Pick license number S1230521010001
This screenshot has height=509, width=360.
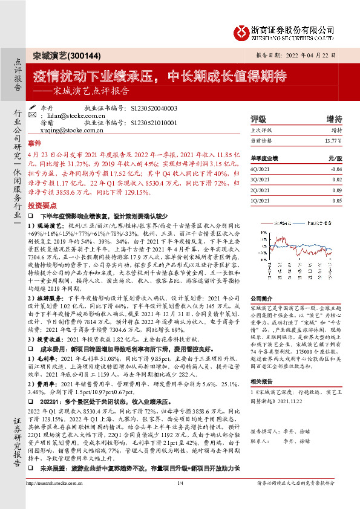154,122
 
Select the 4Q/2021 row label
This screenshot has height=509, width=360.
260,169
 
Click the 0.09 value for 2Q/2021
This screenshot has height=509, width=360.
337,190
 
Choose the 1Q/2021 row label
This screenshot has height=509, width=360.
260,201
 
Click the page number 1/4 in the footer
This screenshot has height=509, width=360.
180,501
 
